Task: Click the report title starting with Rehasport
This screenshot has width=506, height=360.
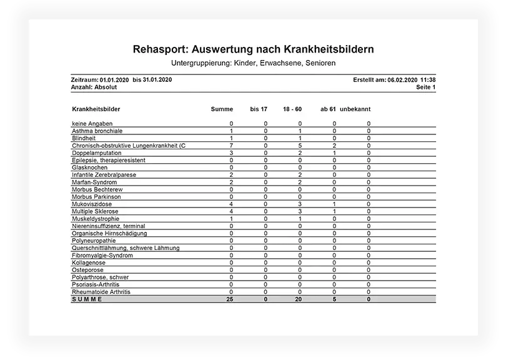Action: point(253,49)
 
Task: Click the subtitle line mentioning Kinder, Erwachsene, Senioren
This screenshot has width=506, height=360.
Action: point(253,63)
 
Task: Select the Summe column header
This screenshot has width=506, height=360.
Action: point(222,109)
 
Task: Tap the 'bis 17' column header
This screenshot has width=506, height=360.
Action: point(259,109)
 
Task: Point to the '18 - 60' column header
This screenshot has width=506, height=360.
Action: point(292,109)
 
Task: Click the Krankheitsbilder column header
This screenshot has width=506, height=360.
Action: point(96,109)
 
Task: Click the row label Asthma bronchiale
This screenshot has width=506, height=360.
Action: point(97,131)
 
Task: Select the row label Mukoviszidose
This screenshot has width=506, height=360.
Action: point(92,204)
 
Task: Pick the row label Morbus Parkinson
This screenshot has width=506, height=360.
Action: point(96,197)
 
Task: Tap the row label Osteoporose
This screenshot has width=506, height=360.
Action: point(90,270)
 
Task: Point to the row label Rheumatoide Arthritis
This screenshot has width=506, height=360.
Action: point(101,292)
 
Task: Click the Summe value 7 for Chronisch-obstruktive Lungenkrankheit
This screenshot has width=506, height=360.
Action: point(231,146)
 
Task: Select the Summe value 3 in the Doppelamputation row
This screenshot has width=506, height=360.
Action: point(231,153)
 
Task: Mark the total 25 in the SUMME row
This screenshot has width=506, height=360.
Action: point(230,299)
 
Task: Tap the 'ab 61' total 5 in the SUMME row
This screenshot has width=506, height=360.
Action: point(334,299)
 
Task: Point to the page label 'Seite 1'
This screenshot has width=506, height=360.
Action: point(425,87)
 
